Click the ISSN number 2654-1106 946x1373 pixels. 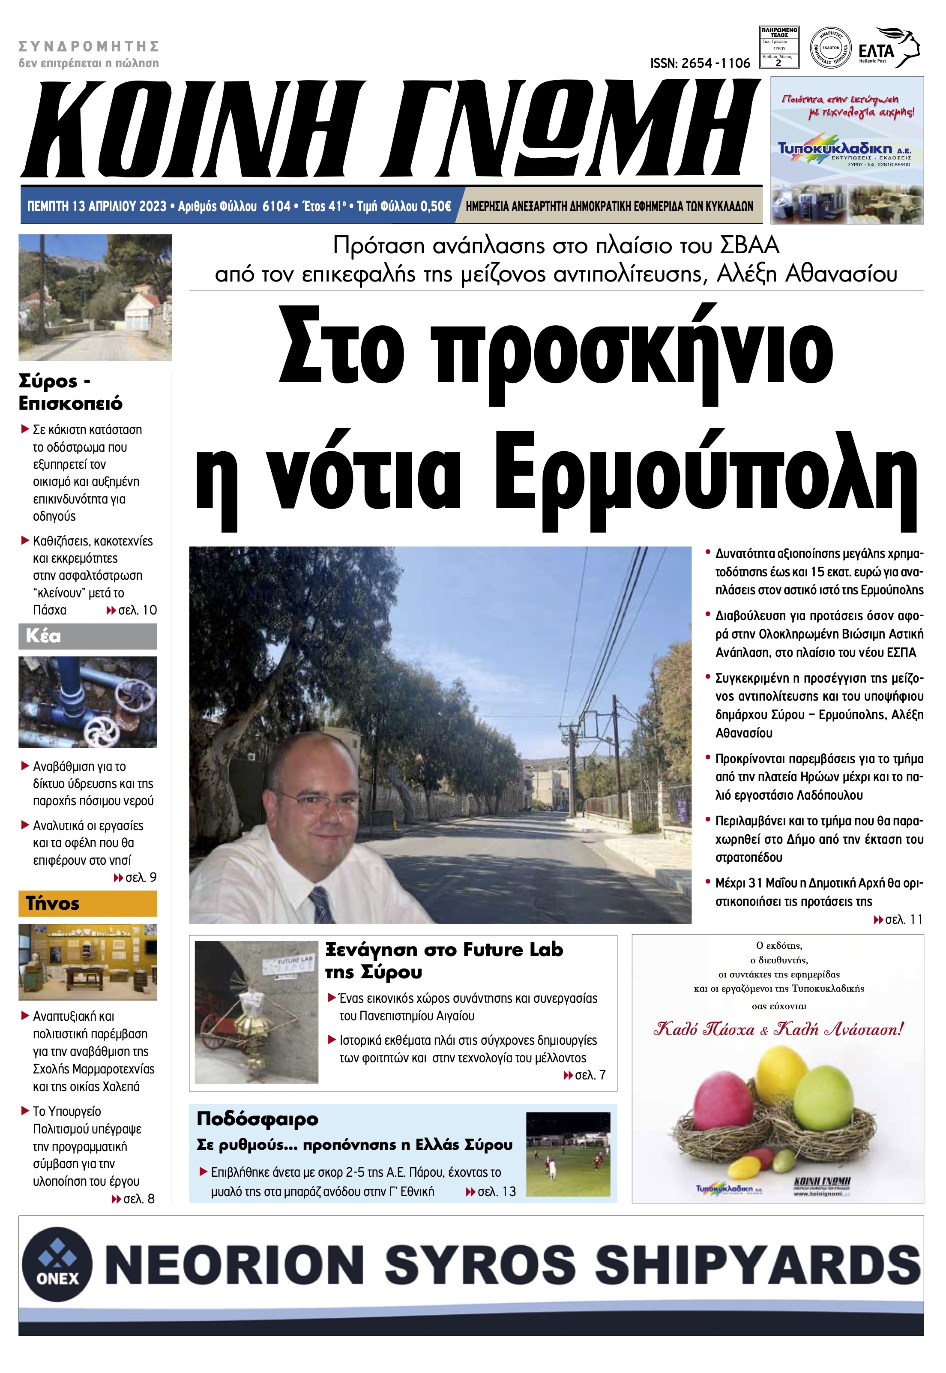pyautogui.click(x=700, y=63)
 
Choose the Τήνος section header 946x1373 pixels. pyautogui.click(x=88, y=903)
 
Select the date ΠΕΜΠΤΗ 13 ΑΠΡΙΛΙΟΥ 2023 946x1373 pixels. pyautogui.click(x=97, y=206)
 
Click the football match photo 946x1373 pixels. pyautogui.click(x=568, y=1154)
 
